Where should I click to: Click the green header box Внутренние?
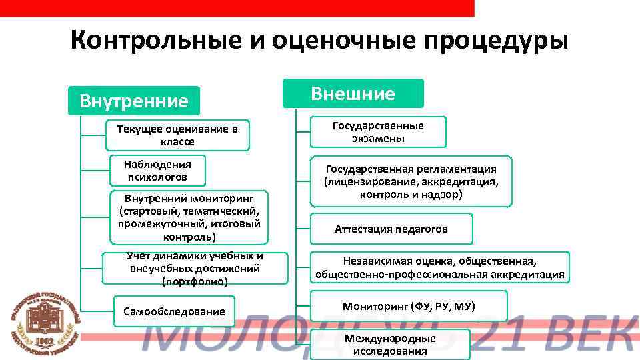click(x=134, y=101)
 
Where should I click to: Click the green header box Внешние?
click(x=353, y=93)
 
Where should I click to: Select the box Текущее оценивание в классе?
click(x=177, y=135)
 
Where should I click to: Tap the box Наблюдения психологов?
click(x=158, y=171)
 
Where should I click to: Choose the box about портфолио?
click(x=195, y=269)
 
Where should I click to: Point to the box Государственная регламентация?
click(x=411, y=181)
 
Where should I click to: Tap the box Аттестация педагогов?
click(x=391, y=229)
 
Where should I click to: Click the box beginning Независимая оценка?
click(x=439, y=267)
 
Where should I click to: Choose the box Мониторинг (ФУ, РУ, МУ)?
click(x=409, y=307)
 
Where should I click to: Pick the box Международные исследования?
click(x=390, y=345)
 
